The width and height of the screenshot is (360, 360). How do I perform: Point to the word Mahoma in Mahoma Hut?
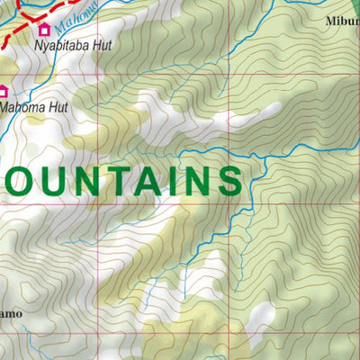pyautogui.click(x=22, y=106)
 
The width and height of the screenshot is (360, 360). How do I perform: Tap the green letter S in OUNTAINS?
pyautogui.click(x=229, y=180)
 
